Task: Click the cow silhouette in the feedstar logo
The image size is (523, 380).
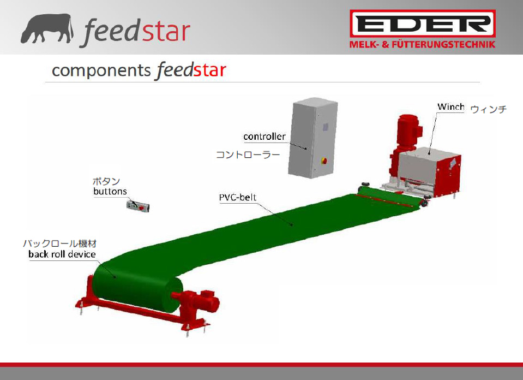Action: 47,29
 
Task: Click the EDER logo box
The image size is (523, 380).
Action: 423,23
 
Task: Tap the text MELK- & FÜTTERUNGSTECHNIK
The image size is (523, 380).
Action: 422,44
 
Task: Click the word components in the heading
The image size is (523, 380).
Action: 101,71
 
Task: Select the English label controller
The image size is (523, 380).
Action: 264,136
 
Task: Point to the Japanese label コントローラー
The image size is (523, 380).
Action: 248,155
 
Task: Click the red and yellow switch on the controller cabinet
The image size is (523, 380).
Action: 323,161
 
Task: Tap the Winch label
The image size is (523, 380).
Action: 450,107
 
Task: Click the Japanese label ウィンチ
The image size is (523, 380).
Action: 488,109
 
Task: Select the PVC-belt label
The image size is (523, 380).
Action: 237,197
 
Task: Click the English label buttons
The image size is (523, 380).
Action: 110,191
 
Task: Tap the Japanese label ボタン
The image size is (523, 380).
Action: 106,181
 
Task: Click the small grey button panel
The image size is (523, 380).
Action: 138,206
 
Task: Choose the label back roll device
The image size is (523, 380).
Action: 62,254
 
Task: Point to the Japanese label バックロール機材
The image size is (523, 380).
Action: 59,244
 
